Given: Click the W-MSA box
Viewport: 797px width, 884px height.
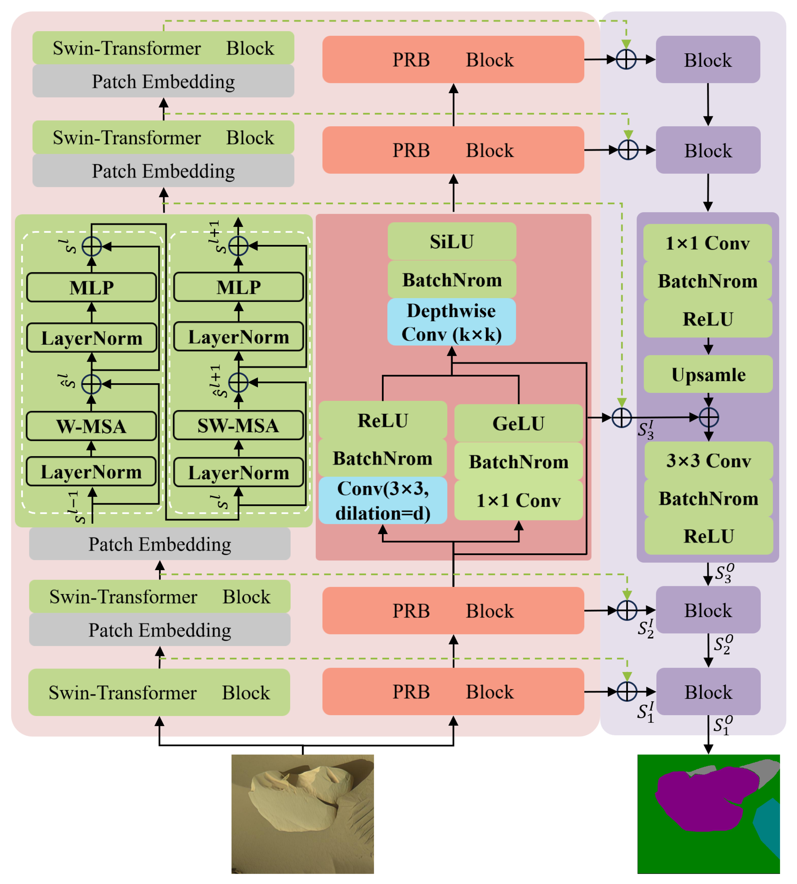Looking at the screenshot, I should pyautogui.click(x=91, y=426).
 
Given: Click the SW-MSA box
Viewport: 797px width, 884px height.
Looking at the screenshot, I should pyautogui.click(x=238, y=425).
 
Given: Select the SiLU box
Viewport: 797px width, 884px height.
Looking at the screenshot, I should pyautogui.click(x=452, y=241).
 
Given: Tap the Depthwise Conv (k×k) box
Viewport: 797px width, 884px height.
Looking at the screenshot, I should pyautogui.click(x=452, y=322).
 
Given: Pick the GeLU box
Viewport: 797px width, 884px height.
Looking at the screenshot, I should pyautogui.click(x=519, y=423).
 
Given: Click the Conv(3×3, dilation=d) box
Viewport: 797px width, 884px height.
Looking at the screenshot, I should pyautogui.click(x=383, y=500).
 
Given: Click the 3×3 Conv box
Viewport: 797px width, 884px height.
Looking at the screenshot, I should pyautogui.click(x=708, y=460).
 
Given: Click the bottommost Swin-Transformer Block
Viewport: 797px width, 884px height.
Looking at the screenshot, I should pyautogui.click(x=159, y=692).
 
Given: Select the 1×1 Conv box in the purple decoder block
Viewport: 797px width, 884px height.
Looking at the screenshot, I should pyautogui.click(x=707, y=243).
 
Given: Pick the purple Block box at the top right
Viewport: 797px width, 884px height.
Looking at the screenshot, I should pyautogui.click(x=708, y=60).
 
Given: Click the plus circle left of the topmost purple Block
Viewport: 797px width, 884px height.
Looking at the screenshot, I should pyautogui.click(x=626, y=59).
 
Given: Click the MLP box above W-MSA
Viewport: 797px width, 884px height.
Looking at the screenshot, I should pyautogui.click(x=91, y=287).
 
